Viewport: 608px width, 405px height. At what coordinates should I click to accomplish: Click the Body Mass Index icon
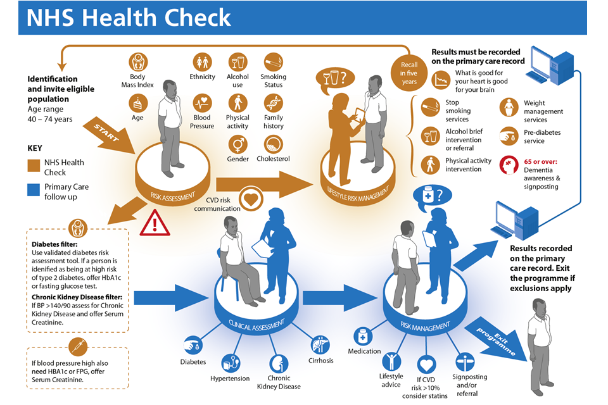[138, 62]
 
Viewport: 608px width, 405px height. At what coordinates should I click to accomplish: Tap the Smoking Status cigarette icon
[273, 62]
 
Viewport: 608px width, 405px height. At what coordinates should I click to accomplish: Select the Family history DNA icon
[274, 103]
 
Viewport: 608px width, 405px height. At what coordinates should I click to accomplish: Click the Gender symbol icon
[238, 144]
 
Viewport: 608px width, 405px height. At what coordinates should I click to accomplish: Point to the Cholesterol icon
[273, 144]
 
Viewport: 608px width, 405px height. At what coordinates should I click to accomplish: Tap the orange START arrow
[108, 133]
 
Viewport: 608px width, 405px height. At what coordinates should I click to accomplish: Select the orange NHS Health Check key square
[34, 166]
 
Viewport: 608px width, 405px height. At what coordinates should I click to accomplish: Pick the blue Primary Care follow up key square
[34, 191]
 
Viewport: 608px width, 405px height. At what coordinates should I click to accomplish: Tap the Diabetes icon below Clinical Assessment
[193, 345]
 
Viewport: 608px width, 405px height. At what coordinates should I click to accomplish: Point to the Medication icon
[364, 336]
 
